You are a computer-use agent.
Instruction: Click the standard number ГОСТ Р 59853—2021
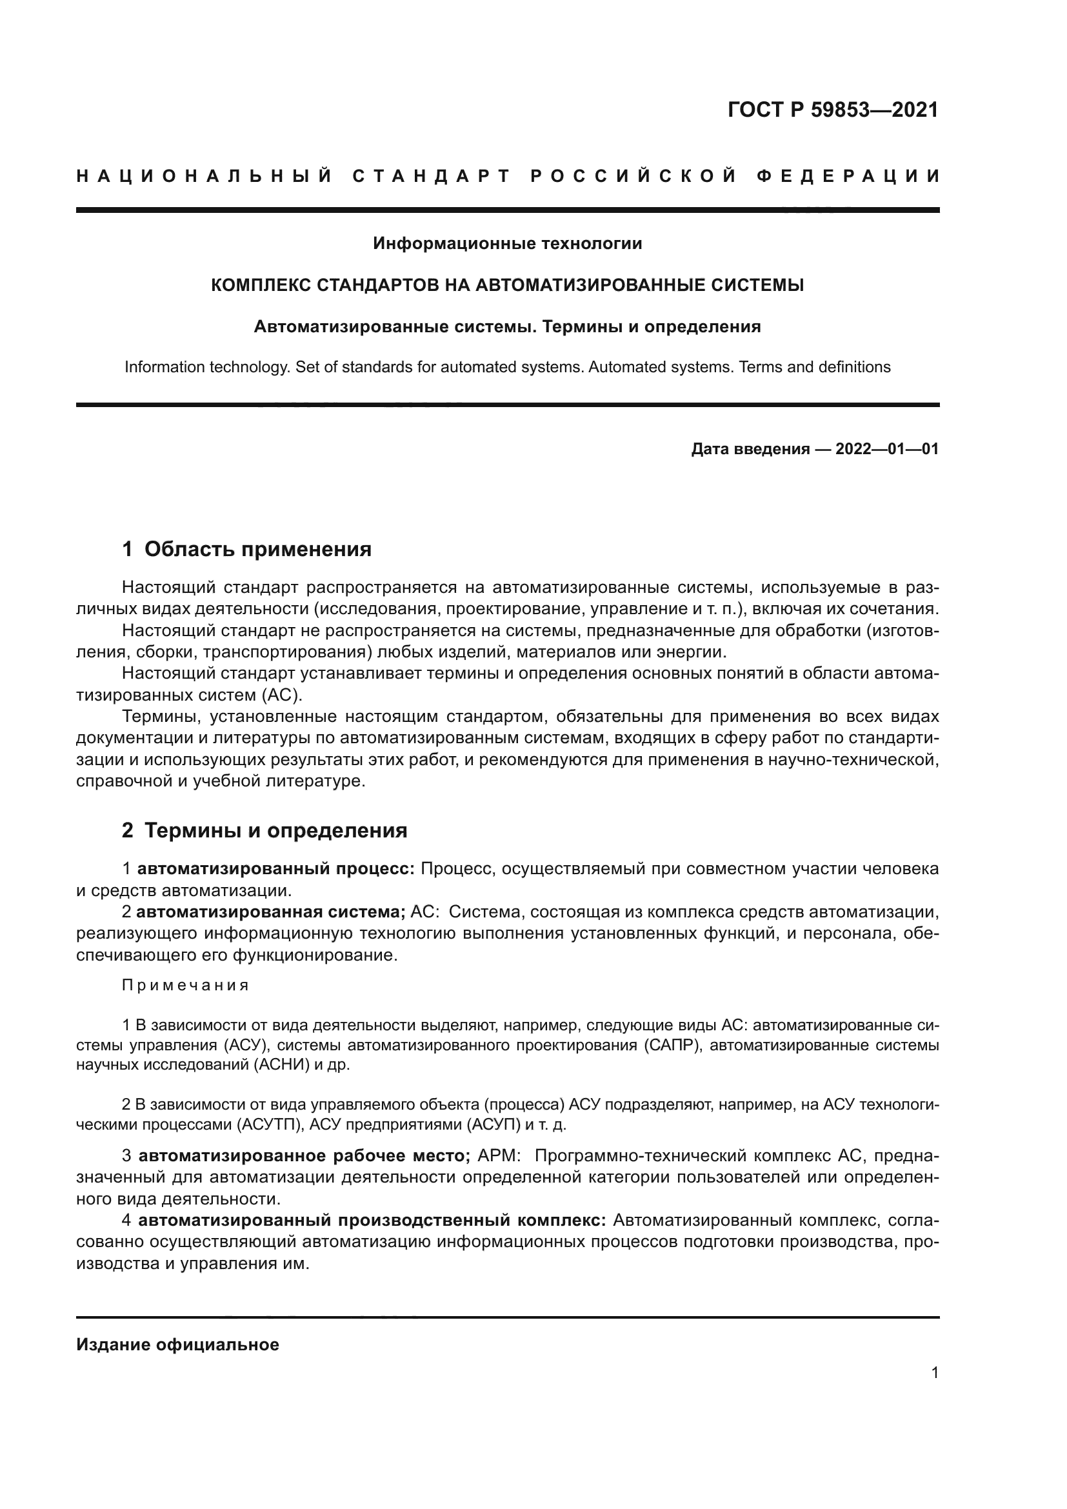tap(832, 109)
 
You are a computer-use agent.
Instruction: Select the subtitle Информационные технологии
tap(507, 244)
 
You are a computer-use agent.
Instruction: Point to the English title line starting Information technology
tap(507, 367)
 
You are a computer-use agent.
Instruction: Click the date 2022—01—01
tap(887, 450)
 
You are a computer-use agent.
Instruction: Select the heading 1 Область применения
tap(246, 550)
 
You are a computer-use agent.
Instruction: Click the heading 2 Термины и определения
tap(264, 831)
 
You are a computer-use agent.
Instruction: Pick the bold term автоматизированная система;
tap(271, 912)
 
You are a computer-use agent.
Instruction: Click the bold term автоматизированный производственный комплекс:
tap(372, 1221)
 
